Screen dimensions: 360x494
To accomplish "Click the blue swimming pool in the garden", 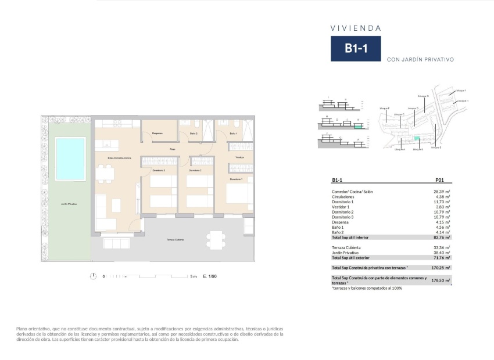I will (70, 159).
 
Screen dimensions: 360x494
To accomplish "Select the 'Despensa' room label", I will (157, 134).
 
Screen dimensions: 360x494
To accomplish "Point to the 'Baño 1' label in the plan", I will (234, 134).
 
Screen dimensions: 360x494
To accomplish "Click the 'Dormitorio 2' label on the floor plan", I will (195, 170).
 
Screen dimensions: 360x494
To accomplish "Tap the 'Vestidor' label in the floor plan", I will (239, 157).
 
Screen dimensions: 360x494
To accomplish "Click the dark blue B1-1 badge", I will (356, 49).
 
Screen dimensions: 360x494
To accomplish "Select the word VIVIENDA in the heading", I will (356, 28).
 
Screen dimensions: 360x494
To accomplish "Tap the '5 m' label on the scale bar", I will (194, 276).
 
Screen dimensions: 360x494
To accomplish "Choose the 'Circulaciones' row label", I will (343, 197).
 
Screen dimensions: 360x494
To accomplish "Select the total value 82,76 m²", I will (442, 237).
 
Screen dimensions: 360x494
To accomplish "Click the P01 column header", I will (439, 181).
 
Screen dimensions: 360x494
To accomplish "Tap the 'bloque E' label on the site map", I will (436, 148).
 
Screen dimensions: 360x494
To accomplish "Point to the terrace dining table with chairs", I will (216, 239).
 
